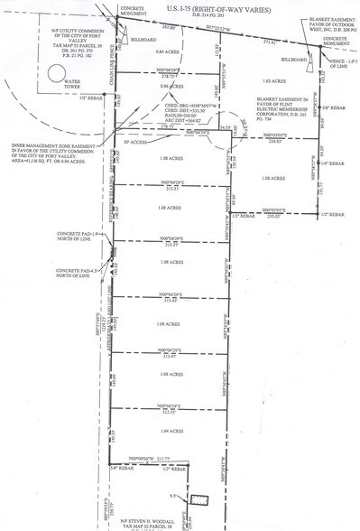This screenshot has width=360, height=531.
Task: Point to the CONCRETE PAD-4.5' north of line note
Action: tap(72, 272)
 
